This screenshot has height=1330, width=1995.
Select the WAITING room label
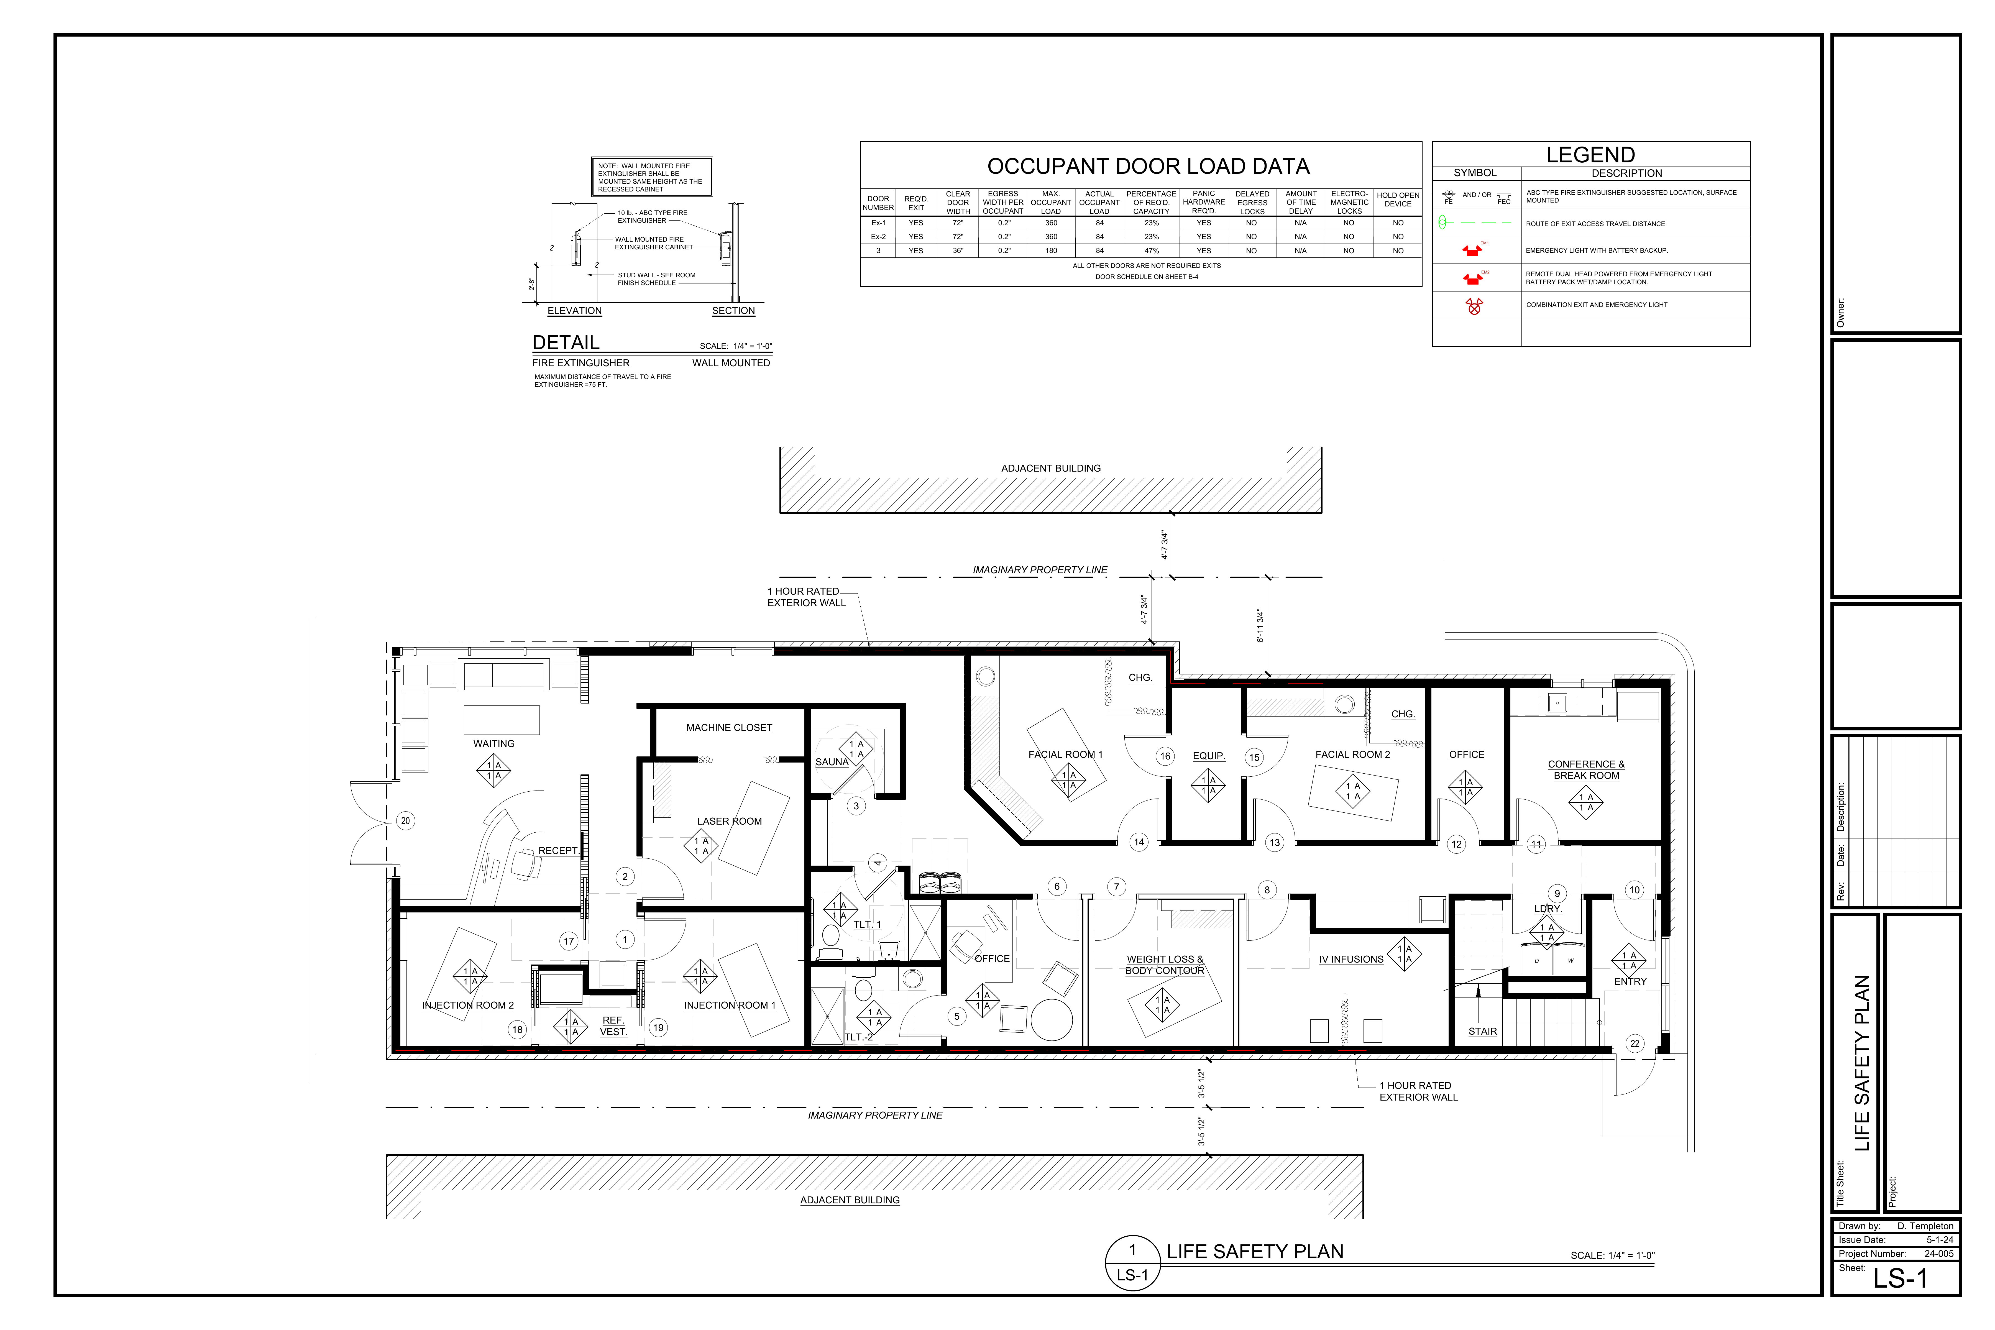tap(494, 744)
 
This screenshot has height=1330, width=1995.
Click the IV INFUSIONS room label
tap(1351, 959)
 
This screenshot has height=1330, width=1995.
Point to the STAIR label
tap(1483, 1031)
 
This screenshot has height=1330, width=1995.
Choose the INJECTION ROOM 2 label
tap(468, 1005)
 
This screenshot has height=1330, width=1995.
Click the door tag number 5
tap(957, 1016)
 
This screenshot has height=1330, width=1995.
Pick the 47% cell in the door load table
tap(1151, 251)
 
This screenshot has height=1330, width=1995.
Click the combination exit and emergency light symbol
tap(1474, 306)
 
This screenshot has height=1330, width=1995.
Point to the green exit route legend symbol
tap(1474, 223)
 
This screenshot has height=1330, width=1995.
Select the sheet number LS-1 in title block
tap(1900, 1278)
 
